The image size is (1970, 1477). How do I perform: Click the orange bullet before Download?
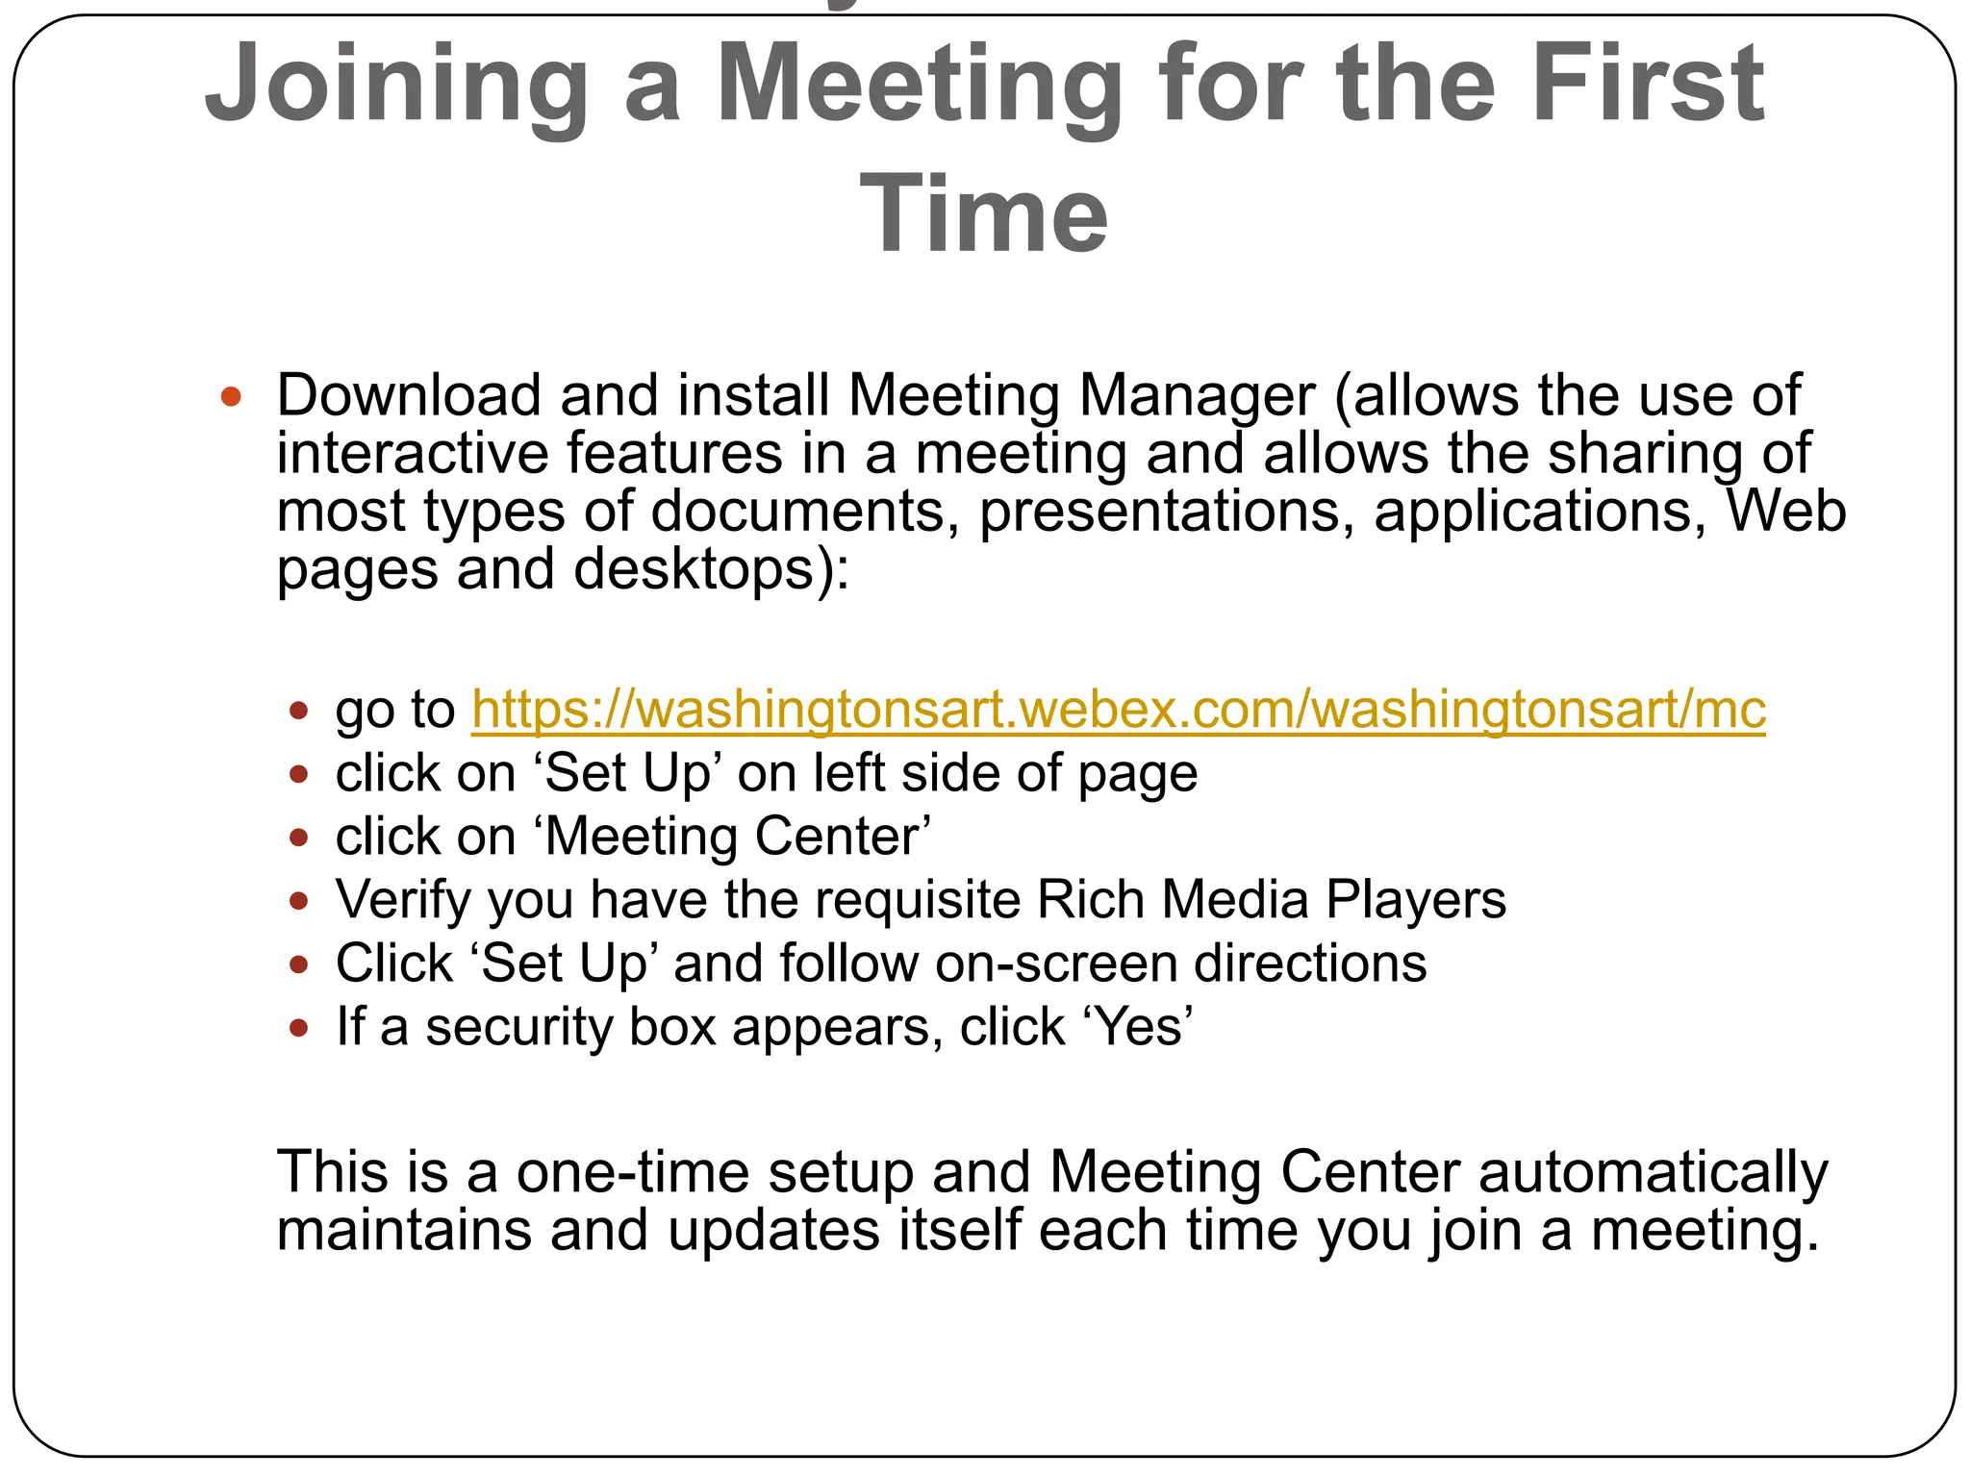(x=231, y=396)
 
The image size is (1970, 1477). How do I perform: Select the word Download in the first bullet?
(x=409, y=395)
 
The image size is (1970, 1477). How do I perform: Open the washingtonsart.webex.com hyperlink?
(x=1118, y=710)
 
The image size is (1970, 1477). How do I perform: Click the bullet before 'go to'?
(x=298, y=712)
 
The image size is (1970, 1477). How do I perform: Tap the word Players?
(x=1416, y=900)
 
